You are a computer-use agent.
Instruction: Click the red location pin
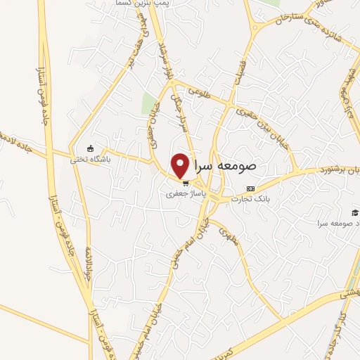[181, 165]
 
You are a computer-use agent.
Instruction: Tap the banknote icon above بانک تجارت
[251, 188]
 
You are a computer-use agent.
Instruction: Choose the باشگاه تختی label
[91, 158]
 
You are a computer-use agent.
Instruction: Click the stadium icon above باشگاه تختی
[91, 148]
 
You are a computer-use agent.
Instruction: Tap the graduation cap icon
[354, 212]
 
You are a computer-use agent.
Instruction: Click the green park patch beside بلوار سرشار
[148, 103]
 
